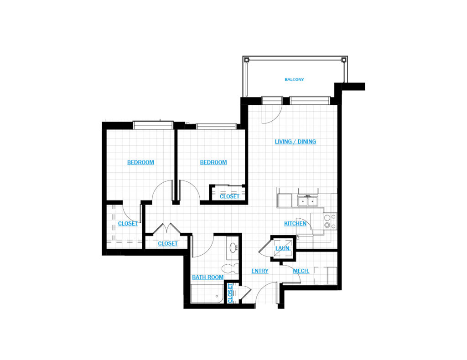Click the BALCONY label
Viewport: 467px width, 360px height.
[294, 79]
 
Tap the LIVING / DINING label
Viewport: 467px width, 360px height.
[295, 142]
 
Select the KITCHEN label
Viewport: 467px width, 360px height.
[295, 223]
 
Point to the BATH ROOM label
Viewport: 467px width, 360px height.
[208, 277]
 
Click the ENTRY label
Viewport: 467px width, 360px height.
[259, 271]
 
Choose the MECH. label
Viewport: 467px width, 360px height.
[301, 271]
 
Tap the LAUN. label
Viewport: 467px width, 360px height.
[283, 248]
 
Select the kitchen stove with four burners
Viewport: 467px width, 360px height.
[330, 221]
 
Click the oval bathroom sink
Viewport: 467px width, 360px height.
[233, 247]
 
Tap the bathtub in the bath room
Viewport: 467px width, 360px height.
[207, 294]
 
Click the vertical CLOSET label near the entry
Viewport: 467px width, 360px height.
[230, 293]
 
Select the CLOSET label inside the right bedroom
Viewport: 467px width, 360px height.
[229, 196]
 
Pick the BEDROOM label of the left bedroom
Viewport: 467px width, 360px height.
[140, 162]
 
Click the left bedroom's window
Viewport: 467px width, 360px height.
[153, 125]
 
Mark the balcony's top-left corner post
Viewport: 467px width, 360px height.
[247, 60]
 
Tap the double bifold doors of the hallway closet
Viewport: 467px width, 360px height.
[167, 229]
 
